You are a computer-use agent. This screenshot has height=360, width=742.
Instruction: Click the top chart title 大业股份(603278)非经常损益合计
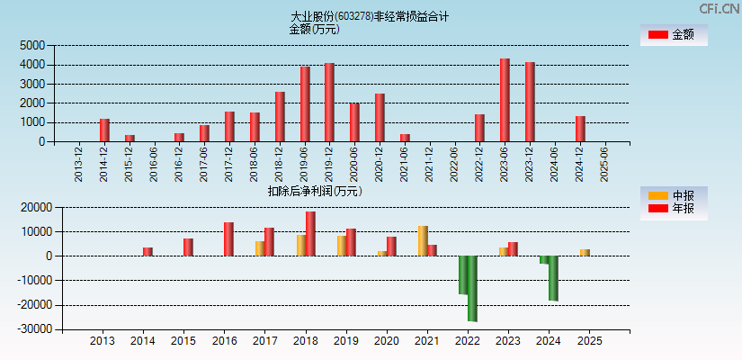[x=370, y=16]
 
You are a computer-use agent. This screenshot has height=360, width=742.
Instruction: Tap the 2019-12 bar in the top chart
[x=329, y=102]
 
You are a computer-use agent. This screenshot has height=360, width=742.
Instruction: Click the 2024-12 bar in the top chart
[x=580, y=129]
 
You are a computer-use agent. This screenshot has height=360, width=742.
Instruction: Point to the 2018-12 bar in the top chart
[x=280, y=116]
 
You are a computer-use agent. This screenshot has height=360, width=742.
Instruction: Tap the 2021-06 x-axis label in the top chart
[x=405, y=165]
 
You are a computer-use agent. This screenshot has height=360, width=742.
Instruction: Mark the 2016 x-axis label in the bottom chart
[x=224, y=342]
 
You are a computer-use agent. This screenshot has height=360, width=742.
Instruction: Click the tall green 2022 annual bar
[x=472, y=288]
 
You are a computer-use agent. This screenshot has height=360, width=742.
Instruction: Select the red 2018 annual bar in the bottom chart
[x=310, y=233]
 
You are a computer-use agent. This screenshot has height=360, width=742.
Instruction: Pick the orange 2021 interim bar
[x=423, y=240]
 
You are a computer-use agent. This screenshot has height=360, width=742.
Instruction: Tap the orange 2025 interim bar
[x=585, y=252]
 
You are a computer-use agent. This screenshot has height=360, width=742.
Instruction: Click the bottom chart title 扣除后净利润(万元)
[x=315, y=191]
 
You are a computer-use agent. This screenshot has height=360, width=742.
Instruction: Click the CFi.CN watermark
[x=720, y=8]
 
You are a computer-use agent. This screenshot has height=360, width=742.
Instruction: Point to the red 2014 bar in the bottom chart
[x=148, y=251]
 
